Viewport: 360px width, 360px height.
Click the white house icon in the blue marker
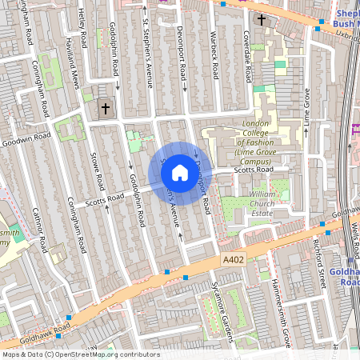click(x=180, y=172)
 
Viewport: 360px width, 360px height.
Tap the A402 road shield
click(x=232, y=261)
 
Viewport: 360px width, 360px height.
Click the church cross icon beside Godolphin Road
click(x=105, y=107)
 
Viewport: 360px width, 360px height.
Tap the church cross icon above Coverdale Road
click(x=262, y=19)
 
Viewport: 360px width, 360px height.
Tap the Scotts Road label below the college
click(x=254, y=170)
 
